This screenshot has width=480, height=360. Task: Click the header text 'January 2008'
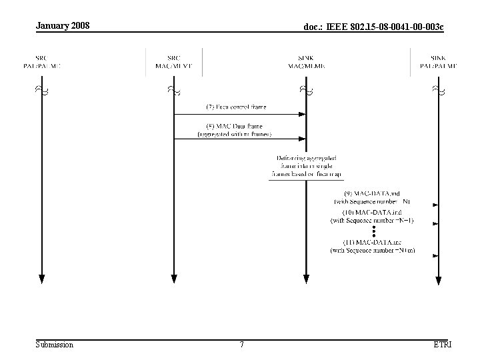coord(63,26)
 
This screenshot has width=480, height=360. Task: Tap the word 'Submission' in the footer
coord(55,345)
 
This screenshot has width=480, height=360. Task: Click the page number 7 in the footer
coord(241,345)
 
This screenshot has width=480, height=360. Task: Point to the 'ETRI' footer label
coord(442,345)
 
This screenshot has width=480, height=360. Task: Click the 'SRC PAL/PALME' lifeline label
coord(41,62)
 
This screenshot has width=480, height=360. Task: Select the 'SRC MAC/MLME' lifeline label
coord(173,62)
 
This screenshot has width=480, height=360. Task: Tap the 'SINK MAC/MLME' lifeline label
coord(306,62)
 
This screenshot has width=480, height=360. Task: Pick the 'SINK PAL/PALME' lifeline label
coord(438,62)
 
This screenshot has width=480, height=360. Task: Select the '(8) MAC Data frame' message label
coord(234,129)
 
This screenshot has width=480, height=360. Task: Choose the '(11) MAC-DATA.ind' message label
coord(373,246)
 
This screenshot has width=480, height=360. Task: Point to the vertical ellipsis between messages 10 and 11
coord(375,231)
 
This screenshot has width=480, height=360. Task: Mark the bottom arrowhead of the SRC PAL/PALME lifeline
coord(41,279)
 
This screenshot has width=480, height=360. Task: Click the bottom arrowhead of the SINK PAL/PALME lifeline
coord(438,279)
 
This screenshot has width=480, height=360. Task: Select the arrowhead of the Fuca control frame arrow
coord(303,114)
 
